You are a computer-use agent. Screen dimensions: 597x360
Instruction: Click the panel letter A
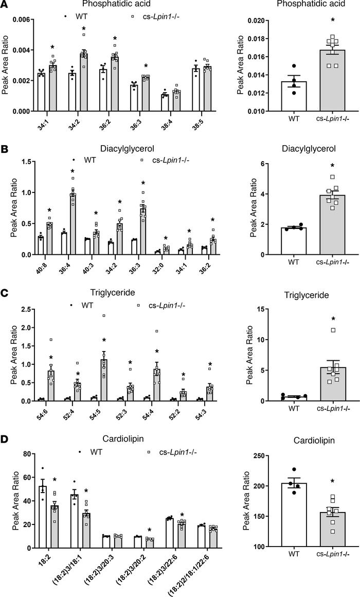click(5, 6)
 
